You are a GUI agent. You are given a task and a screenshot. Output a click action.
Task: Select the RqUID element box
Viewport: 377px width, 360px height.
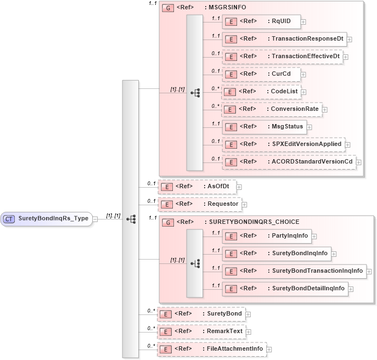[261, 21]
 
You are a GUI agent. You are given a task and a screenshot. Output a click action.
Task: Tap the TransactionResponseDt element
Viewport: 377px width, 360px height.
[284, 39]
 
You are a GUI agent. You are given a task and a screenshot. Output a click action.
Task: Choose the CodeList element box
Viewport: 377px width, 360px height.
[261, 92]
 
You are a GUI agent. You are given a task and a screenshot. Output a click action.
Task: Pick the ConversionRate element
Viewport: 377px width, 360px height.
[271, 109]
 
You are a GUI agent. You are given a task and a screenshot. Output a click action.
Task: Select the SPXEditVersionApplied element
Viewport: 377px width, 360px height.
[282, 144]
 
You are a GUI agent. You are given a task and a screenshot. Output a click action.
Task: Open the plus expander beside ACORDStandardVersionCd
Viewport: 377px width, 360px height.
[359, 162]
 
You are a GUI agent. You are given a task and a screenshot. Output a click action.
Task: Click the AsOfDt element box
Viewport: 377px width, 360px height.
[196, 187]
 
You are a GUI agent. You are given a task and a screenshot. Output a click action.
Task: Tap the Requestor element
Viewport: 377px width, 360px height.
[199, 204]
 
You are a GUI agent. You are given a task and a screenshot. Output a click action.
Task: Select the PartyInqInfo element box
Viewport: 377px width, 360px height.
[266, 236]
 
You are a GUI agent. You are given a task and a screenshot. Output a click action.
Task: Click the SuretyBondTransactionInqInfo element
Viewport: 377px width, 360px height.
[294, 271]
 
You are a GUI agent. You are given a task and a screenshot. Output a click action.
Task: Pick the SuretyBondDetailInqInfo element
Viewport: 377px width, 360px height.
[285, 288]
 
